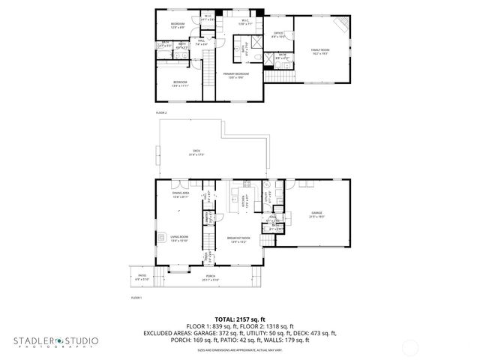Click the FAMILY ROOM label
pos(320,52)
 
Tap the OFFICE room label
pos(277,34)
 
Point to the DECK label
pos(196,152)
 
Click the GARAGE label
pos(316,214)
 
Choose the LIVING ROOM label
pos(179,238)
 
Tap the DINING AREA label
pos(180,194)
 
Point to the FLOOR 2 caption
pos(161,112)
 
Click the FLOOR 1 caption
pos(136,298)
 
